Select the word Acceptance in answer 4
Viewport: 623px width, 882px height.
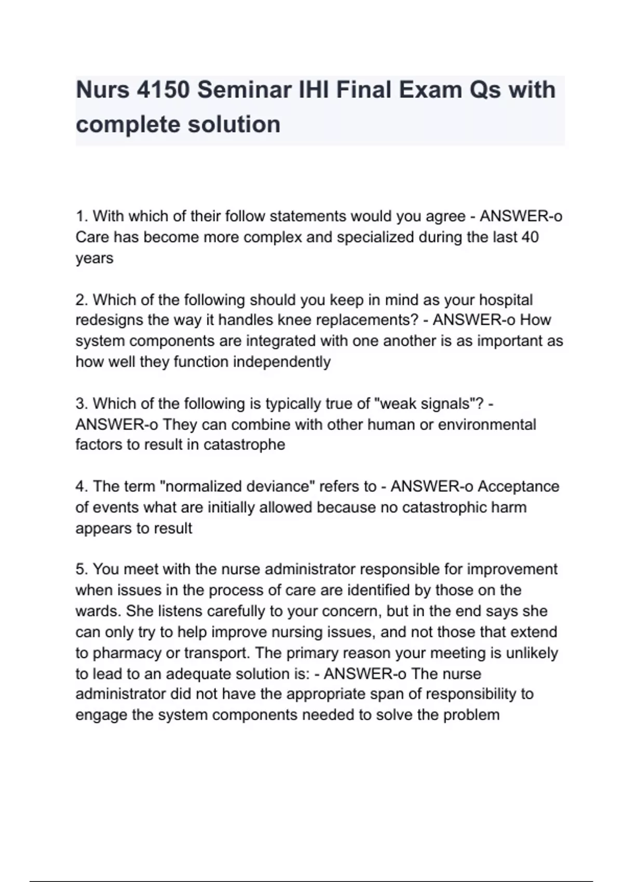(518, 486)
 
